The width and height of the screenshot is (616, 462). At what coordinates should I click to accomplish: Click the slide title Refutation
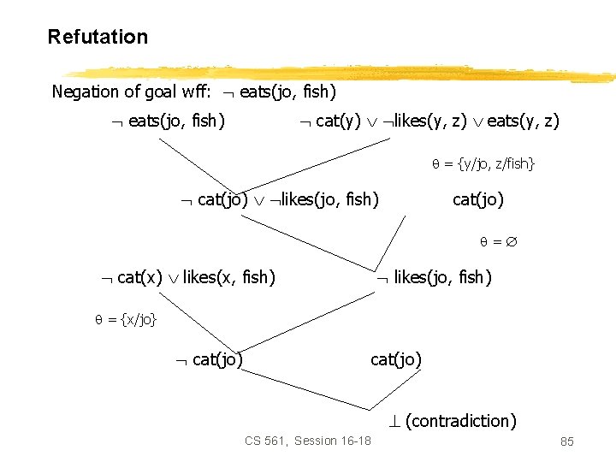(x=98, y=37)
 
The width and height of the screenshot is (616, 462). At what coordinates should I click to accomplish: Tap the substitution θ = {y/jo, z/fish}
(x=483, y=163)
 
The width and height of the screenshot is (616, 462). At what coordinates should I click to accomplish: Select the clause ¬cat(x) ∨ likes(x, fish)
(x=187, y=277)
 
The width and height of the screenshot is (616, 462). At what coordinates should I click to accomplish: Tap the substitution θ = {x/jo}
(x=126, y=320)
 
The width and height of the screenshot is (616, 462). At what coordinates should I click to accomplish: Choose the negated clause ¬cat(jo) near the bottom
(x=209, y=359)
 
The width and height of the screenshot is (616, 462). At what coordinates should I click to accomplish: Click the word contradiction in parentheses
(x=461, y=421)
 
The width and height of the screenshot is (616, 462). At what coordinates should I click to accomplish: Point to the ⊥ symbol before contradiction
(x=394, y=421)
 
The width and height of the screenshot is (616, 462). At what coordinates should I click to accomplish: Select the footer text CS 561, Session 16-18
(x=307, y=441)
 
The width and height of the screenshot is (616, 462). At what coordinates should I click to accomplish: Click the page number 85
(x=566, y=441)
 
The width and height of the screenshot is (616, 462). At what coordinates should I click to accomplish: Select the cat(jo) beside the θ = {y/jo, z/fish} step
(x=477, y=200)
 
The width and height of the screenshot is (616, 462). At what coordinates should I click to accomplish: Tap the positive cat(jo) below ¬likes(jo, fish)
(x=396, y=359)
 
